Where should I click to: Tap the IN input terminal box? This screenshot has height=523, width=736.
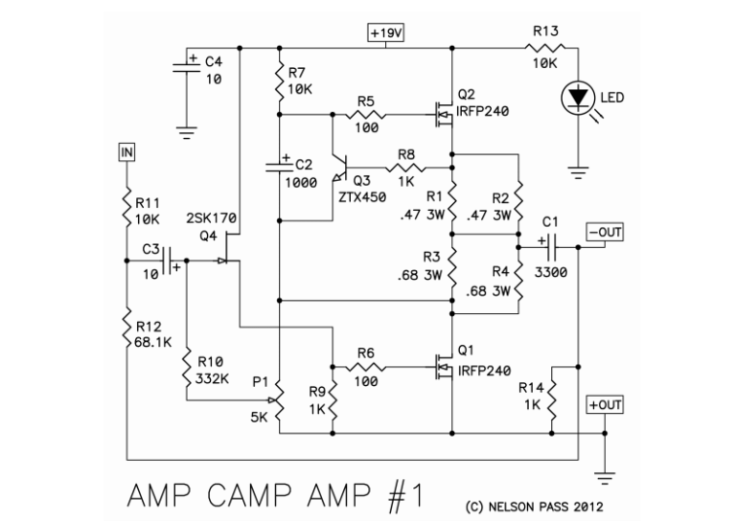coord(126,151)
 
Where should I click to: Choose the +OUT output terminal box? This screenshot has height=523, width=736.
coord(605,406)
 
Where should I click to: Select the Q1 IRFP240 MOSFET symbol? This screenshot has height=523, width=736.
coord(444,367)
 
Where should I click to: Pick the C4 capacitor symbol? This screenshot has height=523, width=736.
coord(187,67)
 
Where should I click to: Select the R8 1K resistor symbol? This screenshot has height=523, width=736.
coord(405,170)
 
